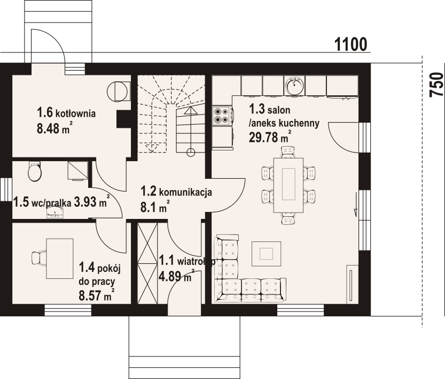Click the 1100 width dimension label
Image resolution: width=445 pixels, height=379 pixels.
[x=351, y=44]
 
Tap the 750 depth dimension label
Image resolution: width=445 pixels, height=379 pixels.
[x=436, y=85]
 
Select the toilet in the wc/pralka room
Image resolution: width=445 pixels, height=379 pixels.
[x=35, y=171]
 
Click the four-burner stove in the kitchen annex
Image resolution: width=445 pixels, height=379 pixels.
[x=222, y=116]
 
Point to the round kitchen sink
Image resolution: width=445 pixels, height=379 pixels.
[x=295, y=85]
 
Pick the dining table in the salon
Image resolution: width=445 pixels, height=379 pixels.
[x=288, y=185]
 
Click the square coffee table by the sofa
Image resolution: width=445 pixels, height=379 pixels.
[x=266, y=254]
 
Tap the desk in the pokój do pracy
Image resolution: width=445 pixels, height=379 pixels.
[x=60, y=259]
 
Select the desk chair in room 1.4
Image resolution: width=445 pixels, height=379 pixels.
[x=39, y=259]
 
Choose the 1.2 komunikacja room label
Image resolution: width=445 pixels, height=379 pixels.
[x=176, y=192]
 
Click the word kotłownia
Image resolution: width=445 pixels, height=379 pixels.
[x=75, y=113]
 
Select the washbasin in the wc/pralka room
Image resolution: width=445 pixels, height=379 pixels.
[x=54, y=212]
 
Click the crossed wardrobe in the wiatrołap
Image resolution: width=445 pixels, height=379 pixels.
[x=147, y=263]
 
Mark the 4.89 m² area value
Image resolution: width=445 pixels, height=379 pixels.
[x=176, y=275]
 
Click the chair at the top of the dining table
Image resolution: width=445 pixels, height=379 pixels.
[x=288, y=152]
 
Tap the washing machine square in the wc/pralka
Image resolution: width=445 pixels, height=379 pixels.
[x=77, y=171]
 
